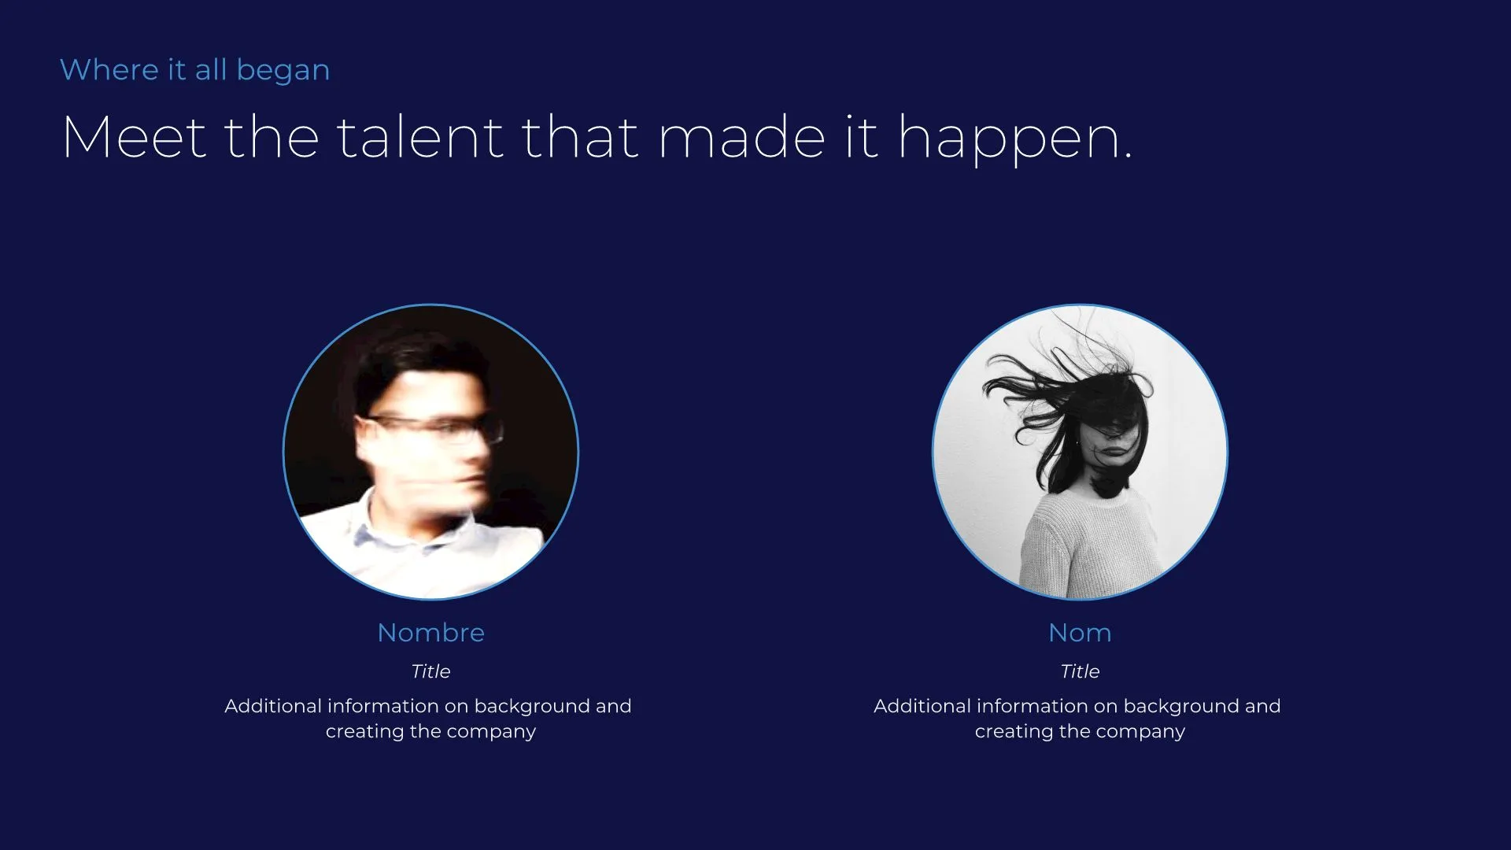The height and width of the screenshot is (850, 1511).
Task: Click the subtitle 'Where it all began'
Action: (194, 70)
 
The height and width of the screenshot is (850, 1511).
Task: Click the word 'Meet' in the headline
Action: (134, 138)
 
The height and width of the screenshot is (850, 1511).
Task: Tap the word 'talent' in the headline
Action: (420, 138)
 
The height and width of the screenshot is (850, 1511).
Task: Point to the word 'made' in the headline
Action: (741, 138)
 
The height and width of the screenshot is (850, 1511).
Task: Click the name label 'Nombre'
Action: (430, 633)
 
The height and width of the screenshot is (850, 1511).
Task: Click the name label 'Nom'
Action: (1080, 633)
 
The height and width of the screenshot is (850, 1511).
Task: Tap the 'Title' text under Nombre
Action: (430, 671)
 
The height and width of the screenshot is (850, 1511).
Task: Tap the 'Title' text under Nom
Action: (1080, 671)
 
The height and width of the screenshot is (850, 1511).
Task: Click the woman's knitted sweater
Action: (1086, 543)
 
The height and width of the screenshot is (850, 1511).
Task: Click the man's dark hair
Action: (417, 362)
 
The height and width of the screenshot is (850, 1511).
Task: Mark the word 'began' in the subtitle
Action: (283, 71)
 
